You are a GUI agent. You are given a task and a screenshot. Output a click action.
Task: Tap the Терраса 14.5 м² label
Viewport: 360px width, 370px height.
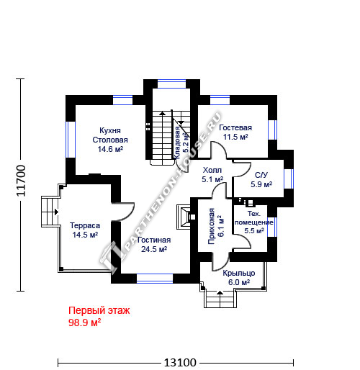(x=85, y=230)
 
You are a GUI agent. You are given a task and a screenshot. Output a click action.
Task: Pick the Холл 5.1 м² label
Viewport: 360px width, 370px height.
(x=212, y=175)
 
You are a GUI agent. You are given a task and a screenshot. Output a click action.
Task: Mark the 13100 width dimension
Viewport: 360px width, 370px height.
(x=180, y=362)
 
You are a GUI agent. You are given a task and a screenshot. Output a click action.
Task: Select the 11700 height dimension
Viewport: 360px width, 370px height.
(x=21, y=181)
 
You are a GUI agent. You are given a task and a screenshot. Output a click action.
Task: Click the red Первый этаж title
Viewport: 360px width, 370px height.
(x=99, y=310)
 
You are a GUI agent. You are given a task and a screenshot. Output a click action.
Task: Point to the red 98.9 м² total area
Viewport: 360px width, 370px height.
(x=84, y=322)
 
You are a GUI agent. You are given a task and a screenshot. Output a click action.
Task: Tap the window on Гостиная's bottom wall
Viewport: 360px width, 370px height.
(x=155, y=279)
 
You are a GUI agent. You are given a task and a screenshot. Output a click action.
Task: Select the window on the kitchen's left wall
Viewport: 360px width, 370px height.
(x=71, y=140)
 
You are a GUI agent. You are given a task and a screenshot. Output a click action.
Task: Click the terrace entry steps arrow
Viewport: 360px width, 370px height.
(x=57, y=212)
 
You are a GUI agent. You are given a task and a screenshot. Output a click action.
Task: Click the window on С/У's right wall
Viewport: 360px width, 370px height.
(x=289, y=179)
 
